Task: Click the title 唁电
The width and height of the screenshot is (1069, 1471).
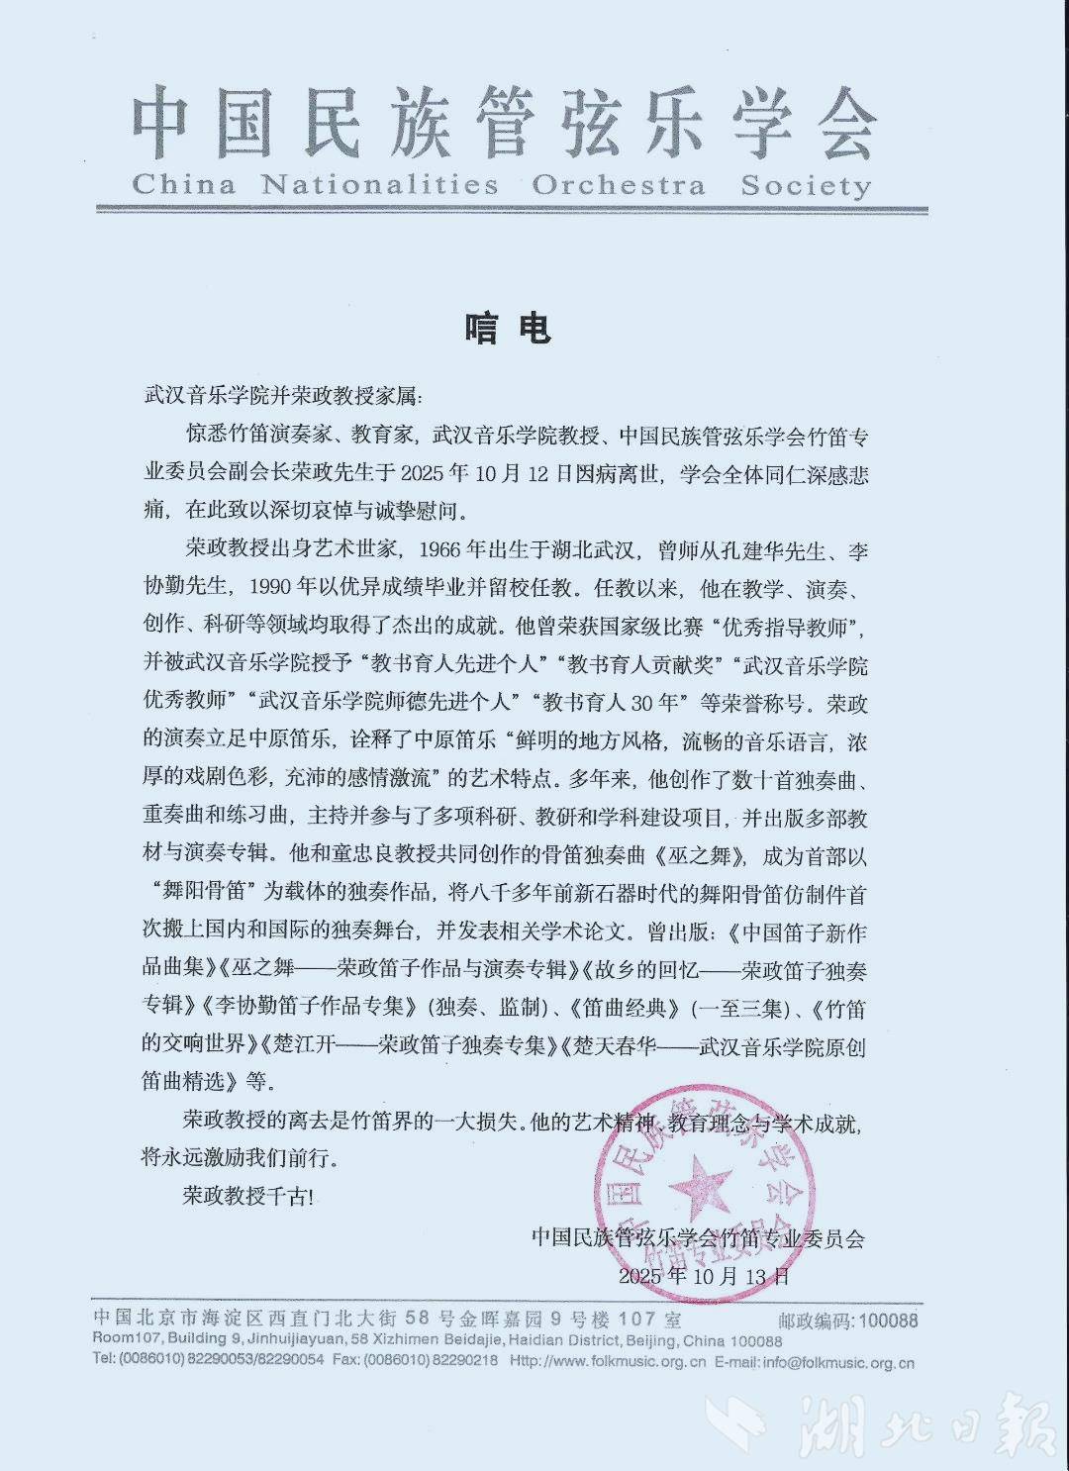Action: tap(507, 328)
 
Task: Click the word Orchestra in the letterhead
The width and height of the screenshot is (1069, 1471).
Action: tap(619, 185)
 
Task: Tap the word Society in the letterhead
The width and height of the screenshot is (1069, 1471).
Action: tap(806, 185)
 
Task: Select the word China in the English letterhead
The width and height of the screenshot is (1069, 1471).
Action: tap(184, 185)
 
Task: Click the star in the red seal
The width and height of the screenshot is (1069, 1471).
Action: tap(699, 1183)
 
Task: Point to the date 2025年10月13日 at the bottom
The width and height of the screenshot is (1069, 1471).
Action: tap(704, 1276)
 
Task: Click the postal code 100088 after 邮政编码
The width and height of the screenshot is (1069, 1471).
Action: tap(888, 1321)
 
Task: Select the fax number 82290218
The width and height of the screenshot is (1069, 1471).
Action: tap(464, 1362)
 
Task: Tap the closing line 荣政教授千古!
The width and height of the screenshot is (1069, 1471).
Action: tap(247, 1196)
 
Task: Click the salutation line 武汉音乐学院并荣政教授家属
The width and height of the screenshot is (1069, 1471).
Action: tap(281, 397)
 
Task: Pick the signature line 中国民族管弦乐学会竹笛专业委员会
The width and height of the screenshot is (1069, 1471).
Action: tap(697, 1237)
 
